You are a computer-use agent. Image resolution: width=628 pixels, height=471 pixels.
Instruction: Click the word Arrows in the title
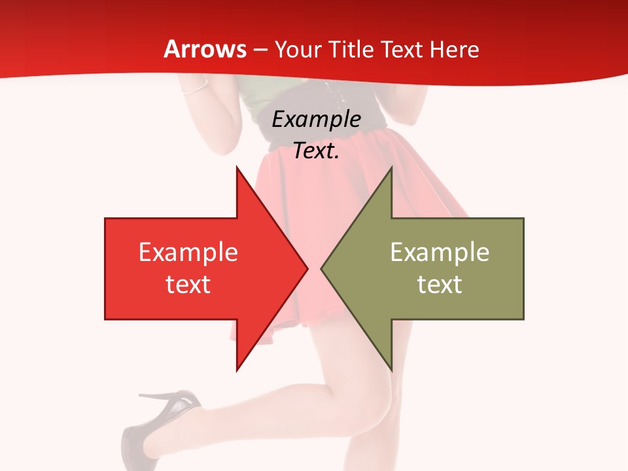point(205,49)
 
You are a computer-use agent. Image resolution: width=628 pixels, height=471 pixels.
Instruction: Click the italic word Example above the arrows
point(316,120)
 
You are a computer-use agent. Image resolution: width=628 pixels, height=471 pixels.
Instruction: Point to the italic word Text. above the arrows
point(316,151)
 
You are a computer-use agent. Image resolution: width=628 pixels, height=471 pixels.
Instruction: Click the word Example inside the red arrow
point(188,252)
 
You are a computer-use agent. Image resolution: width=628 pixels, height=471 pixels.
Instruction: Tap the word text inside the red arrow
point(188,284)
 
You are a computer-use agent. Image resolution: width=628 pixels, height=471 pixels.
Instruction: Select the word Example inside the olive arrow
point(440,252)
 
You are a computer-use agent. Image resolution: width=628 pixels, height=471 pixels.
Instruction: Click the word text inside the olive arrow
point(440,284)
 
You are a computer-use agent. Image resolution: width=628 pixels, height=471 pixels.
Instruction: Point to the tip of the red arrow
point(307,268)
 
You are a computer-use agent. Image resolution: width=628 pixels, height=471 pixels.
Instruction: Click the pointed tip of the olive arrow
point(322,268)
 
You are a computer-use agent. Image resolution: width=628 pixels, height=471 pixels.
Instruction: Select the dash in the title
point(260,50)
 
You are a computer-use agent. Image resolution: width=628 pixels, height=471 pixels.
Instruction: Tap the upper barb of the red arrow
point(237,170)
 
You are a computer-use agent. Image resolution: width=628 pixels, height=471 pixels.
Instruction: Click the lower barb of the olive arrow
point(391,367)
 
